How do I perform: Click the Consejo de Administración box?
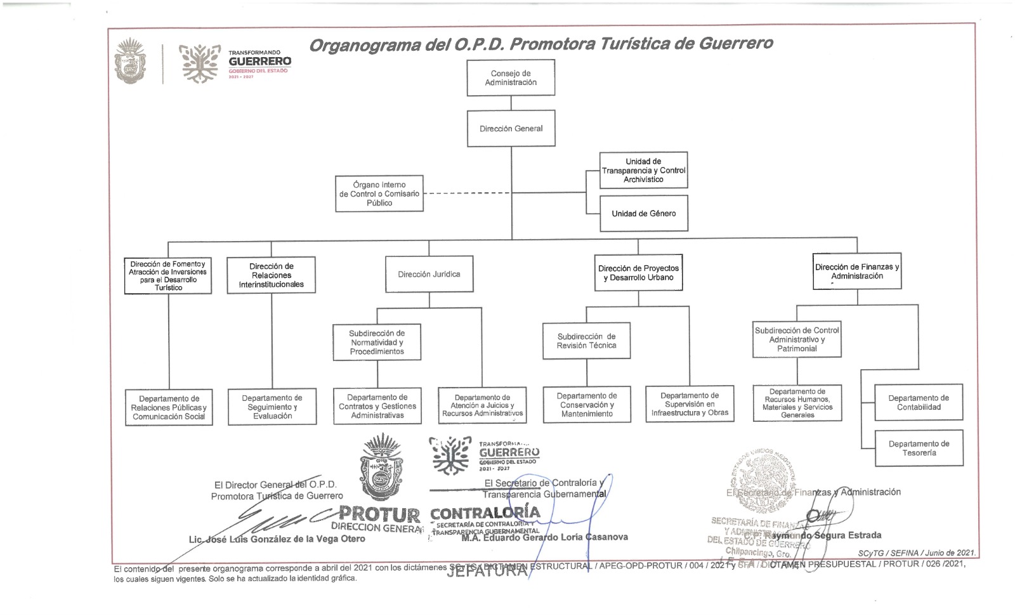tap(511, 78)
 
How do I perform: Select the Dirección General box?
tap(511, 129)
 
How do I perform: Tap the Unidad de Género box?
tap(643, 214)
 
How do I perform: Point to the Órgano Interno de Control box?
tap(379, 193)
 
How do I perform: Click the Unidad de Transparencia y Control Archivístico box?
tap(643, 170)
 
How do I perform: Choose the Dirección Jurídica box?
tap(429, 274)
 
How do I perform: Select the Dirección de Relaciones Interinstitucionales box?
tap(271, 275)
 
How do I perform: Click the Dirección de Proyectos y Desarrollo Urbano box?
tap(638, 273)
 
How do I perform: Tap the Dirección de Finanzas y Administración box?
tap(857, 272)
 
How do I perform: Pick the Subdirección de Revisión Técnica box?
tap(586, 341)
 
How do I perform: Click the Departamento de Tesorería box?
tap(919, 449)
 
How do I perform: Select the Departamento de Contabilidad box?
tap(919, 402)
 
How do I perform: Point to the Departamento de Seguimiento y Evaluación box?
tap(272, 407)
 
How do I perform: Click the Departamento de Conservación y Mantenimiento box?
tap(587, 405)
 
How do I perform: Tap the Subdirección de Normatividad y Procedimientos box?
tap(377, 342)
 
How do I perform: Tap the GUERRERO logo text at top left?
tap(260, 62)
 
